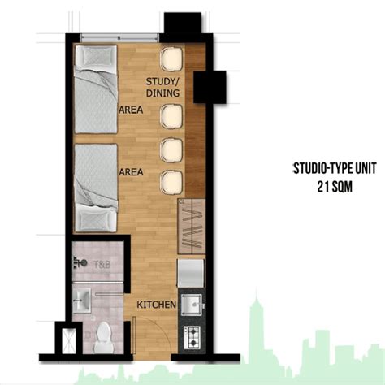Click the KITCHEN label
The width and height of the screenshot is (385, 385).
[157, 304]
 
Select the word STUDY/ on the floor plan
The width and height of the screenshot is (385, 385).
[163, 82]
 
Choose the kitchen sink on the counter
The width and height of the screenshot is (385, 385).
[194, 305]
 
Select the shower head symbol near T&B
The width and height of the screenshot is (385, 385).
[80, 262]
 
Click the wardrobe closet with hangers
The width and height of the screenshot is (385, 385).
[192, 227]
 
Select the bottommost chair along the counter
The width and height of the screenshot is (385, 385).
[171, 180]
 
